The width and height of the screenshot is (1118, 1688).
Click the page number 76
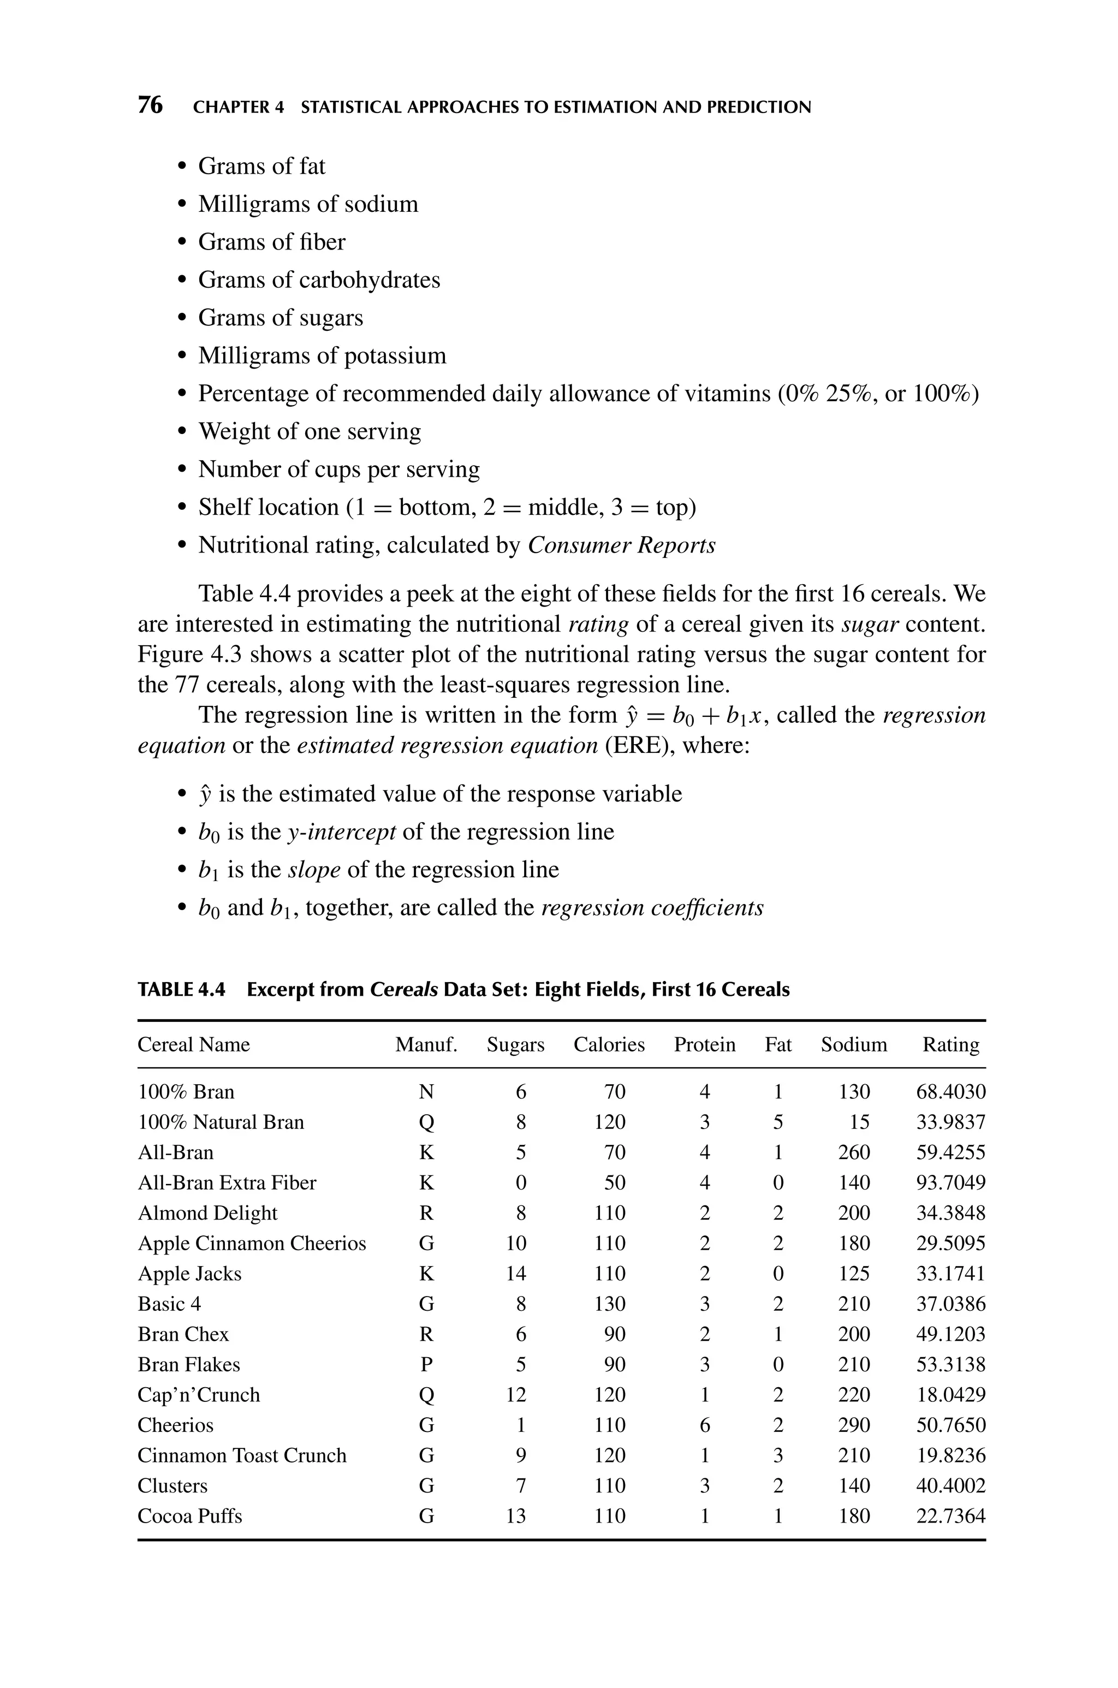150,105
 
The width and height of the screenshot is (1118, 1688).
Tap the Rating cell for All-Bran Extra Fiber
950,1182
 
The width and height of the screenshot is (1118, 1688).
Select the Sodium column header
853,1045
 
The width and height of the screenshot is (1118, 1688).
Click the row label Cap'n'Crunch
198,1394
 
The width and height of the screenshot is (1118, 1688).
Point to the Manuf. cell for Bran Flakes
426,1364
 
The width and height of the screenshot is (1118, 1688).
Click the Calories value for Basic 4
610,1304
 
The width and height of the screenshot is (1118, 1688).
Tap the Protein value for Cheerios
704,1425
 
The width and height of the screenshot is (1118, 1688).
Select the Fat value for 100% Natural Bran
778,1122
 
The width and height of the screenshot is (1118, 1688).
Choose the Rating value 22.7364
950,1515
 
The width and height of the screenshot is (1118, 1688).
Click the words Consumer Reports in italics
621,545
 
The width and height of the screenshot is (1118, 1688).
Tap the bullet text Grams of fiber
272,242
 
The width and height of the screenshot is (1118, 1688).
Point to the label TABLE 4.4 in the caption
181,990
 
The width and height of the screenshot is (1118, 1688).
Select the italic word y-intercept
341,832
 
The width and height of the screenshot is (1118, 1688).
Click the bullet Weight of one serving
310,431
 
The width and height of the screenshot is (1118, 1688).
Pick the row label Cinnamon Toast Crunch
242,1455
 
